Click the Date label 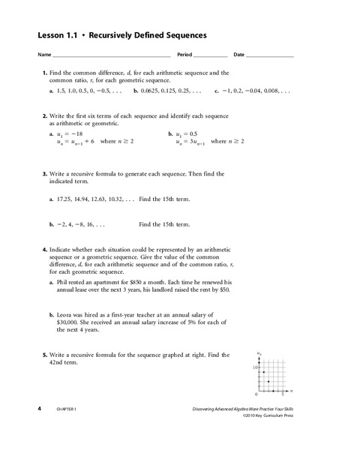click(239, 55)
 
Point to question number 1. click(44, 72)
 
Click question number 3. click(44, 173)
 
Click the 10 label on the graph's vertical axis click(255, 367)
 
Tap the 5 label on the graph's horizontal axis click(282, 395)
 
